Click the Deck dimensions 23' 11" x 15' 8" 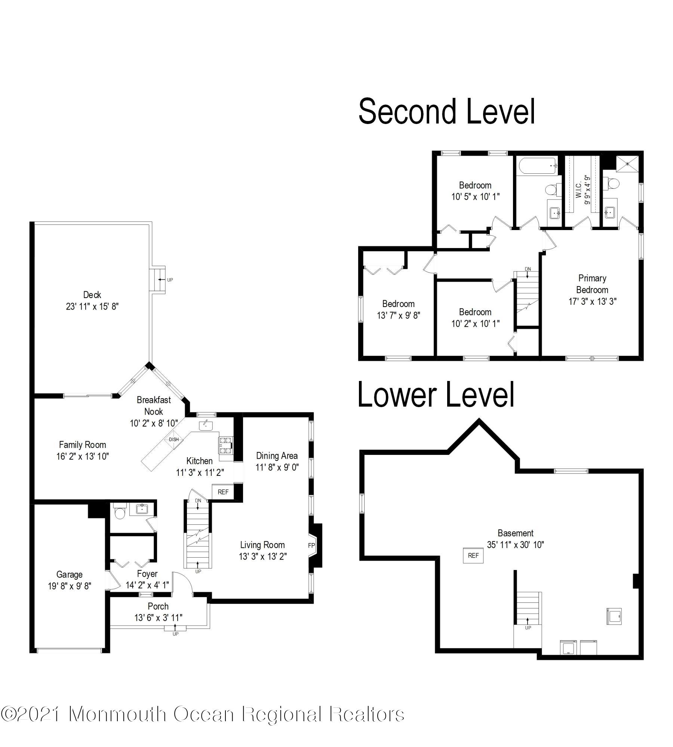(92, 306)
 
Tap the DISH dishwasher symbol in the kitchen (173, 440)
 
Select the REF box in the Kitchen (223, 492)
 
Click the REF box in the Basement (473, 555)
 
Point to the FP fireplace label (311, 546)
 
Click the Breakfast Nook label (154, 406)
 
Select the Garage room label (69, 574)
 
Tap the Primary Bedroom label (592, 284)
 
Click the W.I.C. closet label (578, 190)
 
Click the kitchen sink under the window (206, 425)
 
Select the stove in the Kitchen (225, 445)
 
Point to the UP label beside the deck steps (170, 280)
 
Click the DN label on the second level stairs (528, 269)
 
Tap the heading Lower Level (436, 395)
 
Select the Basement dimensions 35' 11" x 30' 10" (515, 545)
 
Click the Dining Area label (277, 456)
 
